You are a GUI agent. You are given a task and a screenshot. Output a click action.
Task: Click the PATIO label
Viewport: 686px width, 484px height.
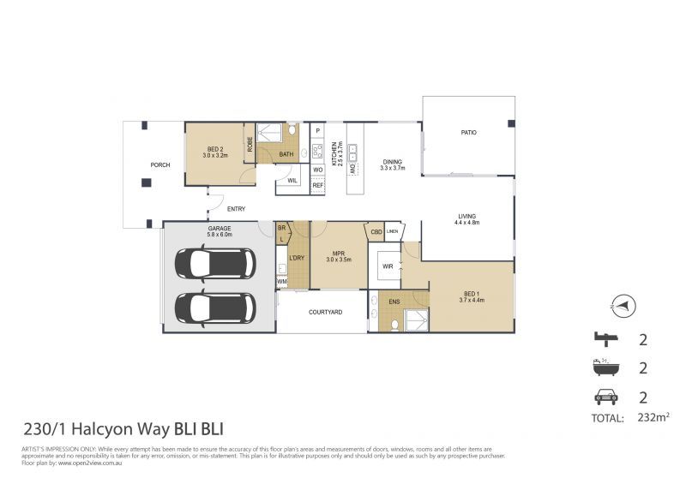point(468,133)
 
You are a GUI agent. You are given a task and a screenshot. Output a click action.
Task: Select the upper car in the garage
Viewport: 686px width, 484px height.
point(214,265)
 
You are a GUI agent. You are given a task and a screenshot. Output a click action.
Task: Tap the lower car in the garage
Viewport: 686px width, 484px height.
point(214,308)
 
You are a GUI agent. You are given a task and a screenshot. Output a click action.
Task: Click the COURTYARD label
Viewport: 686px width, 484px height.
point(325,312)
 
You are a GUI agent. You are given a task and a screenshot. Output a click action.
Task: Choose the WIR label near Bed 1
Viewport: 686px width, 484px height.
point(388,266)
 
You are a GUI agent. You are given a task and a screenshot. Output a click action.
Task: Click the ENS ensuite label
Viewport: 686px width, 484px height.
point(394,302)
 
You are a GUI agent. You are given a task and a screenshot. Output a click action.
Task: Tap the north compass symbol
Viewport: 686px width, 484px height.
point(623,303)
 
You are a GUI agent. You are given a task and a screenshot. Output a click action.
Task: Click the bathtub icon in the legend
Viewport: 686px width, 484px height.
point(605,367)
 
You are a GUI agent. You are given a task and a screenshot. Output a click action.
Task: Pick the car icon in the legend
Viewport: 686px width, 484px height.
point(605,397)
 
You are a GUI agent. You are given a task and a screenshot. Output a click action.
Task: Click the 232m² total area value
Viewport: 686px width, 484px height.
point(653,417)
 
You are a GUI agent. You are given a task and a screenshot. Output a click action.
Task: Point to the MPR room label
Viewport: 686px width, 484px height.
point(329,254)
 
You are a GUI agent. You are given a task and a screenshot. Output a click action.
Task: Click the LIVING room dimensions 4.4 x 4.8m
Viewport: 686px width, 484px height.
point(466,223)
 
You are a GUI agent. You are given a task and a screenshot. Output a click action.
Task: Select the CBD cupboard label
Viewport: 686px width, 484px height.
point(376,231)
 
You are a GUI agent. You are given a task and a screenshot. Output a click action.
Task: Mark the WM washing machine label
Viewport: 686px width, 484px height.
point(281,281)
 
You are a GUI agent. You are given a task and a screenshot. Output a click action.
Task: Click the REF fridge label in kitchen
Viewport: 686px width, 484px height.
point(317,185)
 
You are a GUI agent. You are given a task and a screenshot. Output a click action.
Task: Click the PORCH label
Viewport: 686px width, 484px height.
point(159,164)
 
